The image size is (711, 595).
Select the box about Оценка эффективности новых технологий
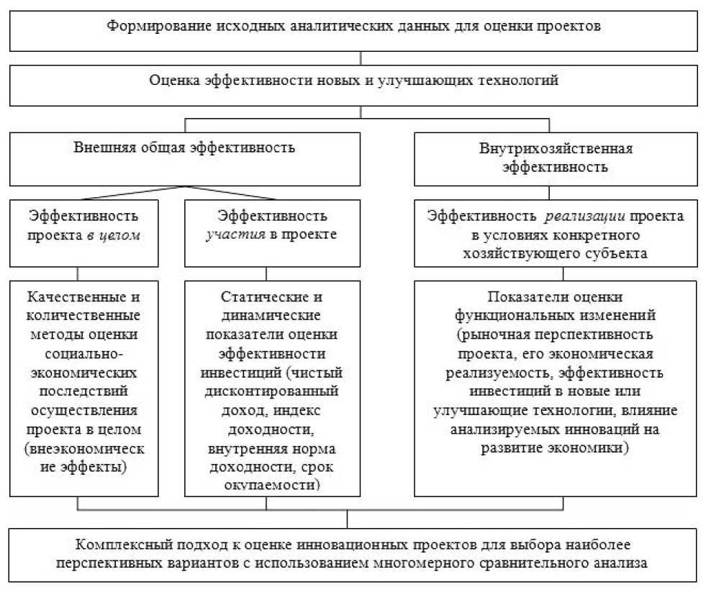click(353, 85)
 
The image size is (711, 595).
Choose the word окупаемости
click(273, 486)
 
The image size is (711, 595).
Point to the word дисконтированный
click(273, 392)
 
